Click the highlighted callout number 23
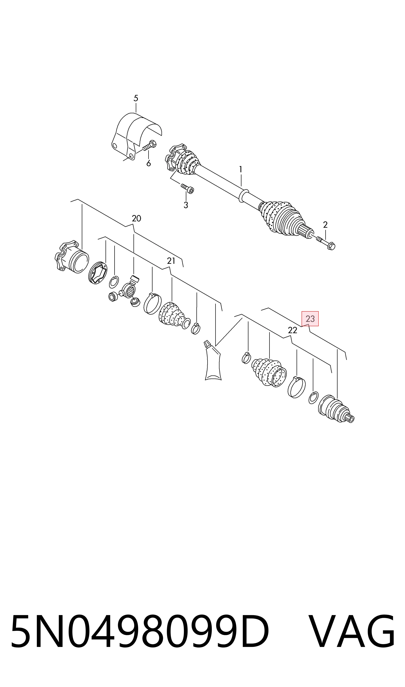click(310, 319)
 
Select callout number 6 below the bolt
click(148, 163)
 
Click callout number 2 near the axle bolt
click(325, 225)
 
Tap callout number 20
click(136, 218)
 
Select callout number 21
click(171, 261)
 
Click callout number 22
click(292, 330)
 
